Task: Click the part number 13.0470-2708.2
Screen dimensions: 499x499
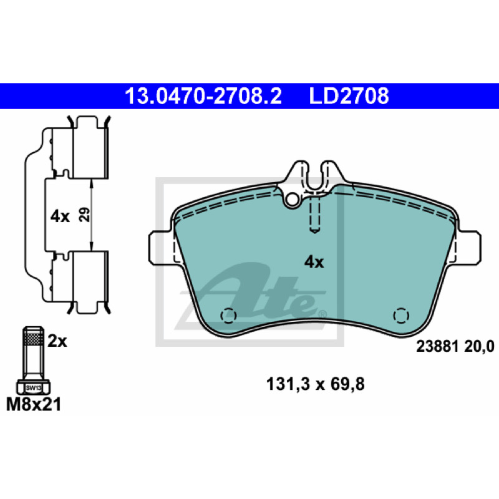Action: pos(203,96)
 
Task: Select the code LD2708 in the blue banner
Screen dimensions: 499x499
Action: pos(349,96)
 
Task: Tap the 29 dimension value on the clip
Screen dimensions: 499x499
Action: pos(84,215)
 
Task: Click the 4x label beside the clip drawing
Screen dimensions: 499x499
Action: pos(60,216)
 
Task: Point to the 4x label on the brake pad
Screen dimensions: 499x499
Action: pos(314,262)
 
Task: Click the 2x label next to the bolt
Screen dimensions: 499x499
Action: pos(57,341)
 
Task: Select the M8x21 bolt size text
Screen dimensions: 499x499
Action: pos(34,405)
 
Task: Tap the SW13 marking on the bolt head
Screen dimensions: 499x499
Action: pos(34,388)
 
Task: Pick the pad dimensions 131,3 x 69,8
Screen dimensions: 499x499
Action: pos(315,384)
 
